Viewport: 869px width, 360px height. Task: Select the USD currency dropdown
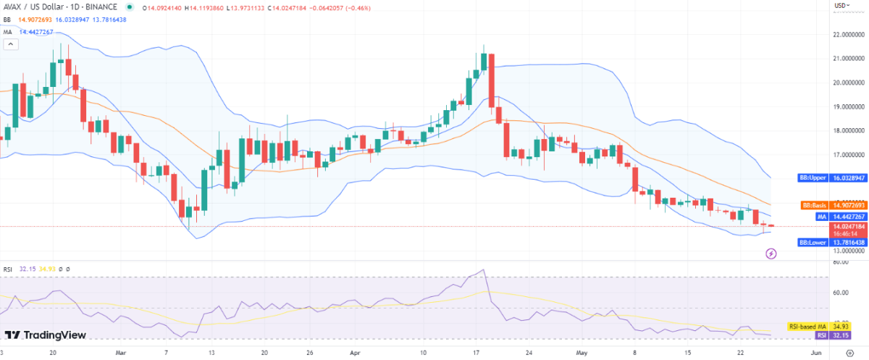842,6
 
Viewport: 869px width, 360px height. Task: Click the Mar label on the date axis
120,353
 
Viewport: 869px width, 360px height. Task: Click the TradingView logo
46,335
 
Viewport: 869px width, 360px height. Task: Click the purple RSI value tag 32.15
822,335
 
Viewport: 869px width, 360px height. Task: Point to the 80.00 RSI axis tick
841,263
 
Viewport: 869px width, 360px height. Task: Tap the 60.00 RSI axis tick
841,293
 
